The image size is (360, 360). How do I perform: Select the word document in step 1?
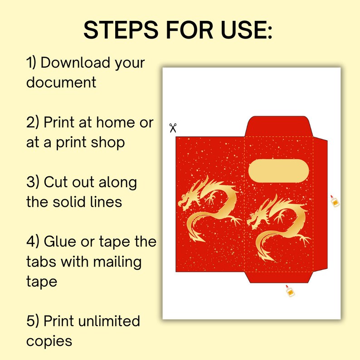pos(61,83)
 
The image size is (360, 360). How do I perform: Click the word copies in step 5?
pos(49,341)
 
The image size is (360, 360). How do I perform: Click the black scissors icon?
pos(173,128)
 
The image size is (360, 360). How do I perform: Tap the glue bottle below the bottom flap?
pos(290,291)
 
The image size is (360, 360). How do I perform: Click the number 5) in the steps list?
pos(33,321)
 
